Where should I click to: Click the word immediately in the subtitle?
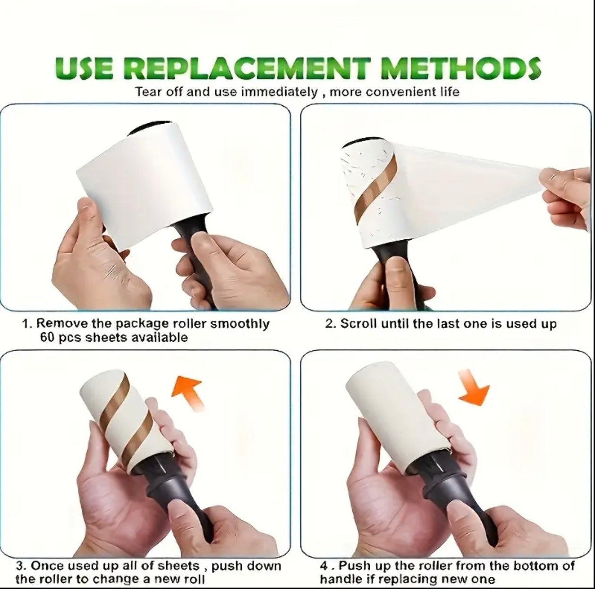click(280, 91)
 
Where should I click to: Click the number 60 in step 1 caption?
click(47, 337)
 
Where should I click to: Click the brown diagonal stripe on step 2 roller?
click(378, 189)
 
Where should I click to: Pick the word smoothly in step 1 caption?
click(239, 324)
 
